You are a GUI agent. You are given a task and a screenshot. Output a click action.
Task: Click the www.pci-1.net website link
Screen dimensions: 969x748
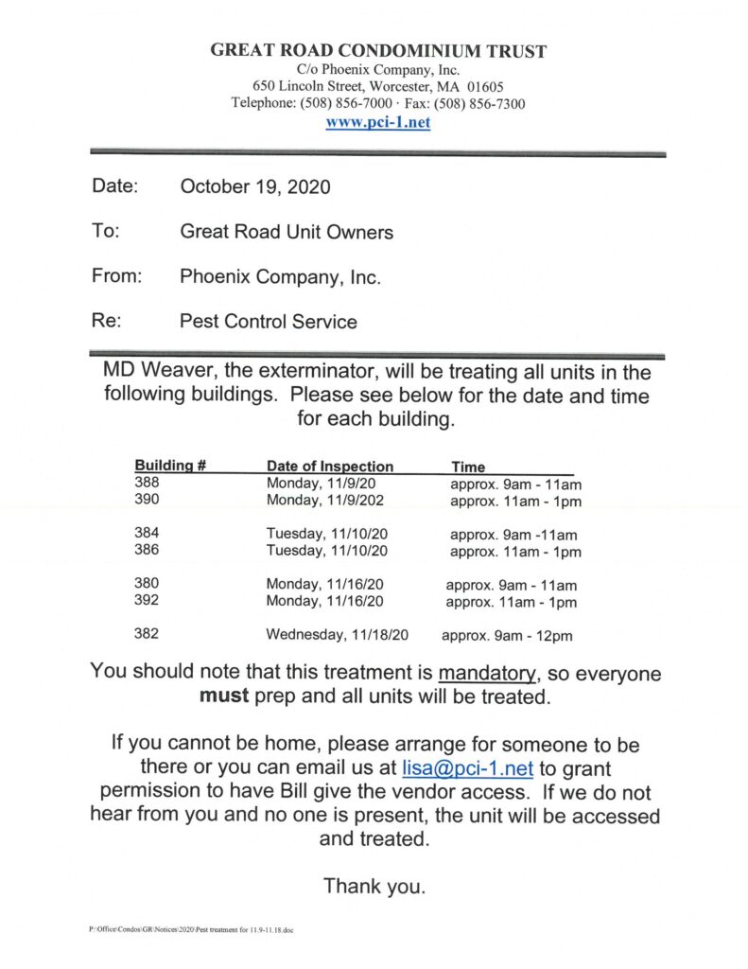pos(377,123)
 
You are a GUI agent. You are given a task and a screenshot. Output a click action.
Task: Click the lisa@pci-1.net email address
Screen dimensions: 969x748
pos(470,768)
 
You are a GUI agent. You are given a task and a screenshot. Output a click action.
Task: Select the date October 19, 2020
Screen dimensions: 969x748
pos(255,186)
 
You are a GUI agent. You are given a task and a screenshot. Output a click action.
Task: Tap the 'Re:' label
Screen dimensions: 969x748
pos(106,321)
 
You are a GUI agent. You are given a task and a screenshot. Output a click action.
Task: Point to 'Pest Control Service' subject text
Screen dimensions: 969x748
pos(269,322)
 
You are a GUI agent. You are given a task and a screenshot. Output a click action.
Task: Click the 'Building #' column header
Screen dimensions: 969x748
pos(170,467)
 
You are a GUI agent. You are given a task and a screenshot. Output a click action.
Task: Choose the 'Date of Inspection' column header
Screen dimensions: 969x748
pos(330,467)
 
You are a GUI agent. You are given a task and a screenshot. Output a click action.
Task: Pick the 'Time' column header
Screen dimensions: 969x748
pos(468,467)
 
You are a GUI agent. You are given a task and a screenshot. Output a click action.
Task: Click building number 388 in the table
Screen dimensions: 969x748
pos(147,483)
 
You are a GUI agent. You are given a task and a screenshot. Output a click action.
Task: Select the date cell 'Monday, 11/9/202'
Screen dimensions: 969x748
pos(326,501)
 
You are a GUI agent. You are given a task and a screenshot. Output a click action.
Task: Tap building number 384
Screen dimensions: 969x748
pos(147,534)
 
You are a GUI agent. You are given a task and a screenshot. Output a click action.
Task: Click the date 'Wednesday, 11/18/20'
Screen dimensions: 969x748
pos(337,635)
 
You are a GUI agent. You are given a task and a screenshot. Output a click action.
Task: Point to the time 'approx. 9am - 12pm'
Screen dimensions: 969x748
pos(507,636)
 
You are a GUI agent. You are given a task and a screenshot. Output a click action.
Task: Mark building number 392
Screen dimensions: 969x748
pos(147,601)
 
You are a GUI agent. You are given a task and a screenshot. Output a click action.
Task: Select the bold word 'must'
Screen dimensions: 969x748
pos(221,698)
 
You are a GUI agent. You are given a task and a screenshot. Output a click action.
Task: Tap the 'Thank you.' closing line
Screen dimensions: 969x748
pos(374,887)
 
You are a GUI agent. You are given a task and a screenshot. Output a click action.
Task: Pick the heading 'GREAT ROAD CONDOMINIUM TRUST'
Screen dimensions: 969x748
pos(378,51)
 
